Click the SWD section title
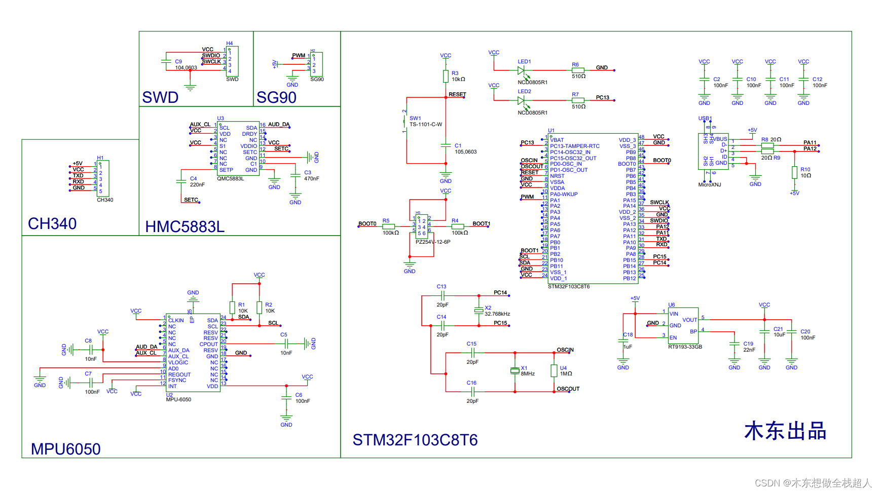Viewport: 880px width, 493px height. point(160,97)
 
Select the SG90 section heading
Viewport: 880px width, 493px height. point(276,97)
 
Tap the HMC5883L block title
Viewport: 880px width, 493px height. point(185,226)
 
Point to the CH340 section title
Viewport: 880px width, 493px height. point(52,223)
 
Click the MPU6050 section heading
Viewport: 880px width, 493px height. point(65,449)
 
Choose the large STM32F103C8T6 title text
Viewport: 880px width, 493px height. point(415,440)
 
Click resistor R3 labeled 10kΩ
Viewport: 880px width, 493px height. point(446,77)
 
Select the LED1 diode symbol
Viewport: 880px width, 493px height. point(521,70)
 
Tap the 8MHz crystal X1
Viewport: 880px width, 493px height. point(515,371)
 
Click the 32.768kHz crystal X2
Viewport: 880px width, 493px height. point(479,311)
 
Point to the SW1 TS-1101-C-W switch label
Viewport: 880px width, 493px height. point(425,121)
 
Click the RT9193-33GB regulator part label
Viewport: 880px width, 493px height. point(685,347)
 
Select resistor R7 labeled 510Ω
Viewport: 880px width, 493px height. point(578,100)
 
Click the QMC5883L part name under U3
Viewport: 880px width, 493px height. point(230,179)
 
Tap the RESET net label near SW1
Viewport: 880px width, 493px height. point(457,95)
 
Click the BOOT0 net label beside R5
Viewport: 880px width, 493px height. point(367,223)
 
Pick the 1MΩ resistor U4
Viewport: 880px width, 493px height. point(554,371)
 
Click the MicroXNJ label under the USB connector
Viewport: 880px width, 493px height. point(709,185)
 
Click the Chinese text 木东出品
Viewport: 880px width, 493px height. point(785,431)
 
